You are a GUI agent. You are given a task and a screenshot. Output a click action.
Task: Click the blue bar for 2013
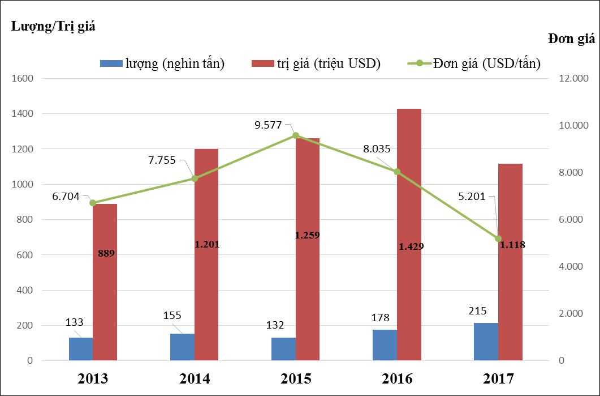click(x=81, y=349)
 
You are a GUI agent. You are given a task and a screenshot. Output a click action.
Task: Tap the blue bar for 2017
click(x=486, y=342)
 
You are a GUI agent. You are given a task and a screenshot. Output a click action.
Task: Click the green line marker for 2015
click(x=296, y=135)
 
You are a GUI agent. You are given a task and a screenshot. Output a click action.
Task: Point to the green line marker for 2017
click(x=498, y=239)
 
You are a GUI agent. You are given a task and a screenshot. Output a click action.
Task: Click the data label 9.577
click(x=269, y=125)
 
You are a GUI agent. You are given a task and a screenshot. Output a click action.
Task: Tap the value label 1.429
click(x=411, y=246)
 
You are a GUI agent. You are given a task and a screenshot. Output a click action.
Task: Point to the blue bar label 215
click(x=477, y=310)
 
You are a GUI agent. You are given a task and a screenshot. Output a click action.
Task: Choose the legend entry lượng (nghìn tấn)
click(x=162, y=64)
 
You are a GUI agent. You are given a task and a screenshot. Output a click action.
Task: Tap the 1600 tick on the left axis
click(x=23, y=78)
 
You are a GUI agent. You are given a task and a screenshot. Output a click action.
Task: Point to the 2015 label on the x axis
click(x=295, y=378)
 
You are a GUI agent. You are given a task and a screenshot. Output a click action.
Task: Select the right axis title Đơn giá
click(x=571, y=39)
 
